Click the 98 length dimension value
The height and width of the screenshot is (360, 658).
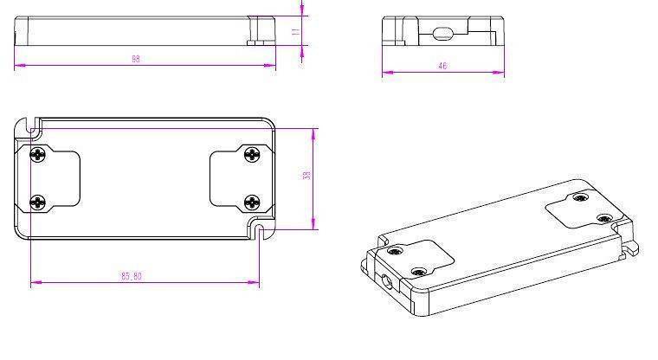coord(136,59)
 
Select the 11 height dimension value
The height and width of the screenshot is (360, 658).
coord(295,31)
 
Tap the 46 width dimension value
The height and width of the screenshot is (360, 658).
coord(442,66)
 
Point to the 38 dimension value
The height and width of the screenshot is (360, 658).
coord(306,176)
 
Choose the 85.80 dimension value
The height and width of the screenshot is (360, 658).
coord(132,276)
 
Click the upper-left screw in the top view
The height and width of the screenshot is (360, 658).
coord(38,155)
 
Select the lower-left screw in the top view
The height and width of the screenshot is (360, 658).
coord(38,202)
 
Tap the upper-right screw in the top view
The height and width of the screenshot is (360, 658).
coord(251,155)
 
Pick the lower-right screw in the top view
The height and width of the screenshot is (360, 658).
coord(251,202)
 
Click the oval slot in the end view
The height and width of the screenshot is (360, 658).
coord(442,33)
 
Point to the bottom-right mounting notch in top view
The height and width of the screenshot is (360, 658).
coord(259,228)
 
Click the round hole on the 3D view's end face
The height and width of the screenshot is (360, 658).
coord(384,280)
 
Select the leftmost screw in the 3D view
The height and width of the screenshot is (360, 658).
coord(396,251)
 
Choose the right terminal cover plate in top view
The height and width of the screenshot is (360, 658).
coord(235,178)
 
